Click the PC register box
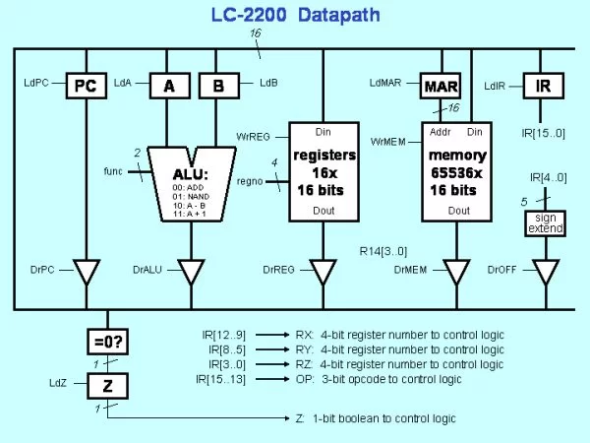[x=87, y=86]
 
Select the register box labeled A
[x=170, y=86]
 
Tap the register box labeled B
[x=219, y=86]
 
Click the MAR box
[x=441, y=86]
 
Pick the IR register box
[x=544, y=86]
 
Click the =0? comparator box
[x=107, y=342]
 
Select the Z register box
[x=107, y=386]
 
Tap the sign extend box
[x=545, y=223]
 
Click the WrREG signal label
[x=254, y=137]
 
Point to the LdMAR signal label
[x=385, y=83]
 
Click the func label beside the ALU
[x=113, y=171]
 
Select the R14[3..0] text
[x=383, y=251]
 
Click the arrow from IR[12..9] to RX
[x=272, y=335]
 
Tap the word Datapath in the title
[x=339, y=16]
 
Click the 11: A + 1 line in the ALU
[x=189, y=214]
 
